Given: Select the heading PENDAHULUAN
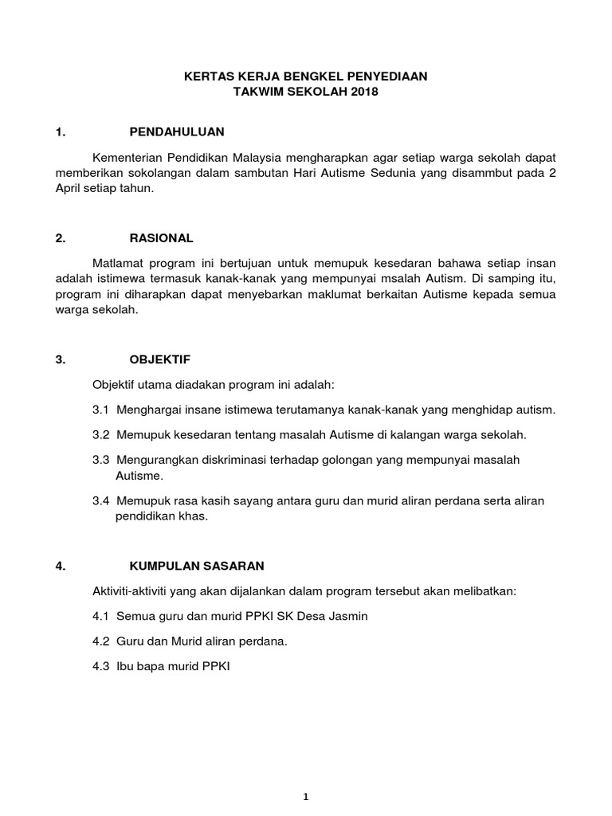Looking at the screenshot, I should point(177,131).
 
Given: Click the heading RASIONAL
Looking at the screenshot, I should point(161,237).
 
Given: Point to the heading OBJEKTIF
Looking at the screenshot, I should point(160,359).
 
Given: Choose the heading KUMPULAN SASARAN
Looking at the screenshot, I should point(196,566).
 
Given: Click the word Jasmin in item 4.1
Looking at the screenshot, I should point(349,617).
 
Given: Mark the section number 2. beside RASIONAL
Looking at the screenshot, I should point(61,237).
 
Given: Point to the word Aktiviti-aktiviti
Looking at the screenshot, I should point(135,591).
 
